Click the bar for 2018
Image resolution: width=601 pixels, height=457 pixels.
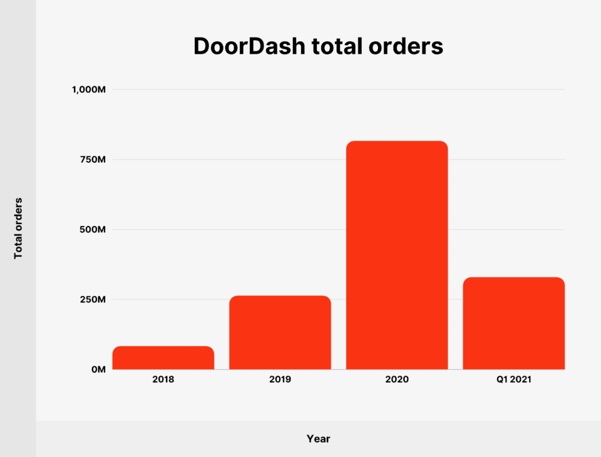point(163,357)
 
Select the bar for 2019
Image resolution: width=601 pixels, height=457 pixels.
point(280,332)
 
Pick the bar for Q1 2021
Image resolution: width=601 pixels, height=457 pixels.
point(513,323)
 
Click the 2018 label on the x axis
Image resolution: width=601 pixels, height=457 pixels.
point(163,379)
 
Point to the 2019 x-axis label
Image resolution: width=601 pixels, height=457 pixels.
point(280,379)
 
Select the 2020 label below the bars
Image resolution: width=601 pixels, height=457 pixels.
point(397,379)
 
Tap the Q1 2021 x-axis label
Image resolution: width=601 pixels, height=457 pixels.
point(513,379)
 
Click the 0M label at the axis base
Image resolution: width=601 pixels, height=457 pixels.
point(98,370)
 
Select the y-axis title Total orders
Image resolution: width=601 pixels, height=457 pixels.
point(19,228)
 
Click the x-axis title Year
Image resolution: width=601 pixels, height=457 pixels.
point(318,439)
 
